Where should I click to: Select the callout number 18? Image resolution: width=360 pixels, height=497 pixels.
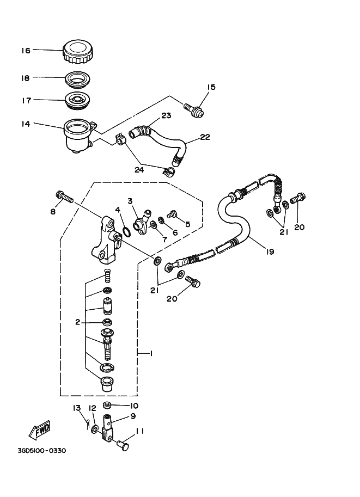pyautogui.click(x=25, y=78)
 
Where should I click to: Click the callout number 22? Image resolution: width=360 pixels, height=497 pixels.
pyautogui.click(x=204, y=138)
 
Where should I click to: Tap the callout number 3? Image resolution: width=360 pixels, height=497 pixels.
pyautogui.click(x=130, y=201)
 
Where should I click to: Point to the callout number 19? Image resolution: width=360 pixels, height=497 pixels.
pyautogui.click(x=270, y=251)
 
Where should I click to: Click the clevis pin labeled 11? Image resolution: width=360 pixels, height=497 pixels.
pyautogui.click(x=124, y=446)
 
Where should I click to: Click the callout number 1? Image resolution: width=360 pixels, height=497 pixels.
pyautogui.click(x=151, y=354)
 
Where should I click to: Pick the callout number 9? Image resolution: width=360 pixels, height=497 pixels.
pyautogui.click(x=132, y=417)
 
